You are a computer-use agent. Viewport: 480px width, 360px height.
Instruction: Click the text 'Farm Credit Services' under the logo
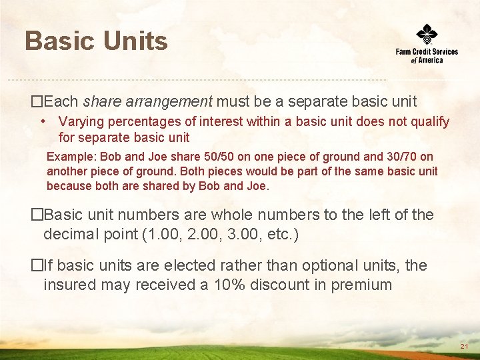[427, 51]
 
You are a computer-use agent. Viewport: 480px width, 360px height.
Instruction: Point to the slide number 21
[465, 347]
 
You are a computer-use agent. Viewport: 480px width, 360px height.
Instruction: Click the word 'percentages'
[137, 122]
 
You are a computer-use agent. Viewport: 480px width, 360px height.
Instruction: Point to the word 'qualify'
[429, 122]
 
